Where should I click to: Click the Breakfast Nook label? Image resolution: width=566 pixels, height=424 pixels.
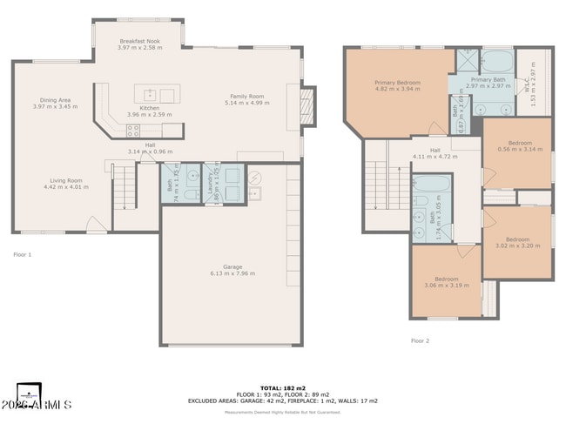(138, 41)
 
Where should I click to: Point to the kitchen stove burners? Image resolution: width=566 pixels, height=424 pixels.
(133, 131)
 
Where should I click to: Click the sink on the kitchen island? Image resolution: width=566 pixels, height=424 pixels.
(150, 93)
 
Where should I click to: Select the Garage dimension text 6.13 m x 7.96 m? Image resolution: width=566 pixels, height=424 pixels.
(232, 273)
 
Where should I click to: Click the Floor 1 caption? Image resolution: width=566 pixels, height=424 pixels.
(22, 254)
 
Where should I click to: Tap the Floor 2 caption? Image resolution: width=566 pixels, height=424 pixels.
(420, 340)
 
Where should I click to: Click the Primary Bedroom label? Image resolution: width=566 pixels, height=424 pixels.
(397, 83)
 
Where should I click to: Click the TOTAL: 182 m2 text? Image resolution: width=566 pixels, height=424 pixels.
(283, 387)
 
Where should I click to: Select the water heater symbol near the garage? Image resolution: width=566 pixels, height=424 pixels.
(255, 176)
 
